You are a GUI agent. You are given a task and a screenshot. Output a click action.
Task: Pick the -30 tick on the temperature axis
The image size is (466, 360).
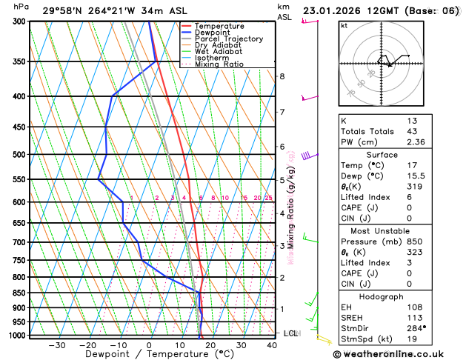[56, 345]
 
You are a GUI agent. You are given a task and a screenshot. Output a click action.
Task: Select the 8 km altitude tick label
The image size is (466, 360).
[282, 76]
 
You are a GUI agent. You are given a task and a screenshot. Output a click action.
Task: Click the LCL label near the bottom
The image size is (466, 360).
[290, 333]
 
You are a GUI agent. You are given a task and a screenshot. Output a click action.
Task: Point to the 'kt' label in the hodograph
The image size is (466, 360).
[344, 25]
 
